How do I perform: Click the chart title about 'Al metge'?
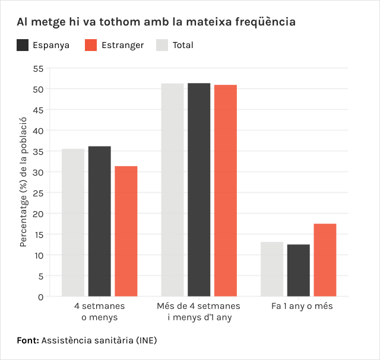[156, 23]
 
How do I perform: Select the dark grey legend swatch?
[23, 45]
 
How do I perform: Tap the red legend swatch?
[91, 45]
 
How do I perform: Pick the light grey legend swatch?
[162, 45]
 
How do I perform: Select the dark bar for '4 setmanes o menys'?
[99, 221]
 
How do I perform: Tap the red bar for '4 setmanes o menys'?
[126, 231]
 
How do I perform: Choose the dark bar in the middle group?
[199, 190]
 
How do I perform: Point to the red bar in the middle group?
[225, 191]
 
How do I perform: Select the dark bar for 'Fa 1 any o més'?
[298, 270]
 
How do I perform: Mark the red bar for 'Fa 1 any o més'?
[325, 260]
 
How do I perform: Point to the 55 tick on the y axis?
[37, 68]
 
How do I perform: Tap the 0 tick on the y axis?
[40, 297]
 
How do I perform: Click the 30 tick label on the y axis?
[37, 172]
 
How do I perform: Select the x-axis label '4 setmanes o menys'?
[99, 312]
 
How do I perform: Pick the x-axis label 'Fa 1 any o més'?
[302, 307]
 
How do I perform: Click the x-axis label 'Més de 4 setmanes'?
[199, 312]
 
